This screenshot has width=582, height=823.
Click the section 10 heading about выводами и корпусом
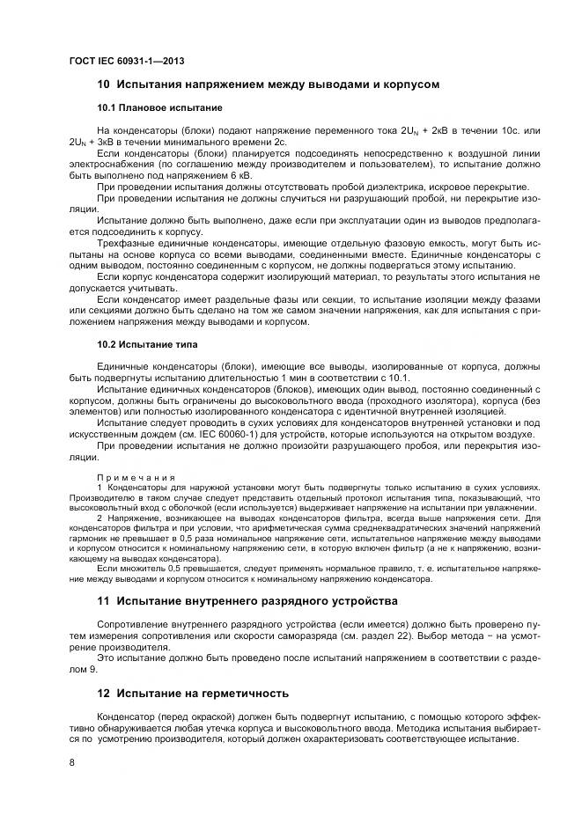point(268,85)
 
